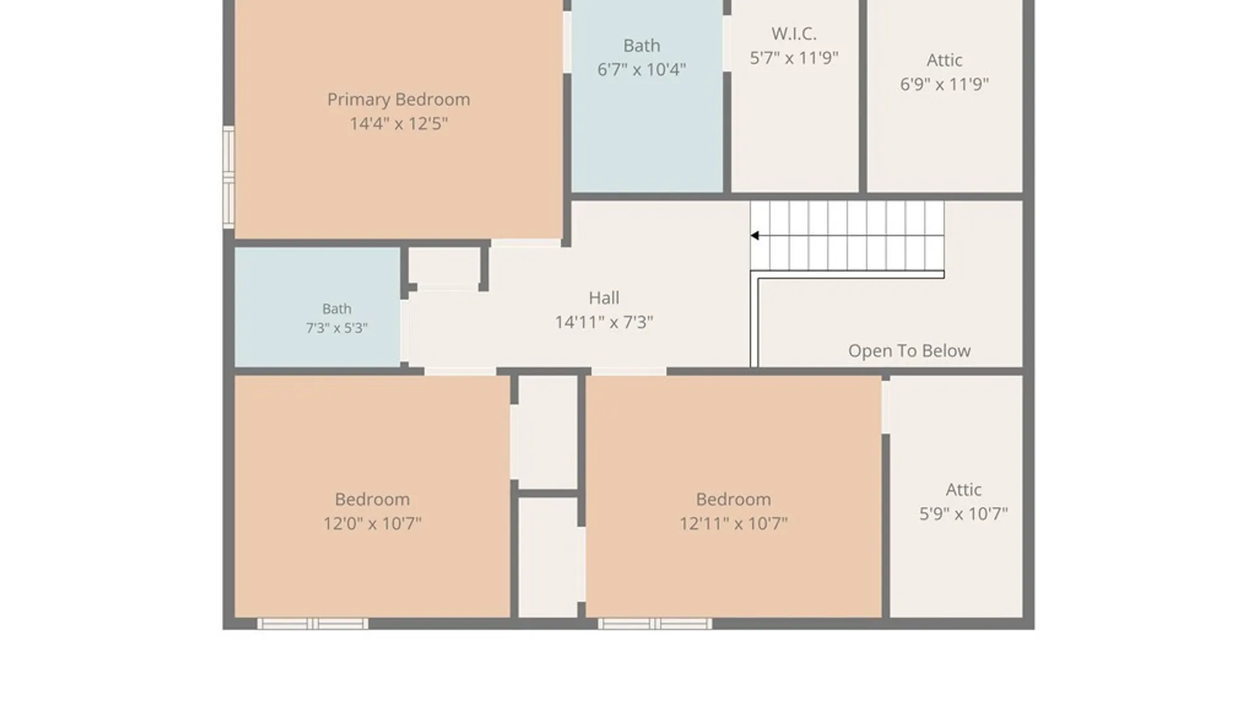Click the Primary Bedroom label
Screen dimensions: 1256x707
pyautogui.click(x=398, y=100)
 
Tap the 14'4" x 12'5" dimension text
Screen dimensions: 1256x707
pyautogui.click(x=398, y=124)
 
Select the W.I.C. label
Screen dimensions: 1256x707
pyautogui.click(x=794, y=33)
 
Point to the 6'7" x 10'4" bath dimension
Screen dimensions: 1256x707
pyautogui.click(x=641, y=69)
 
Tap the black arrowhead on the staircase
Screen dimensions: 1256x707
pyautogui.click(x=755, y=236)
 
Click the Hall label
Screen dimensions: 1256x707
pyautogui.click(x=604, y=298)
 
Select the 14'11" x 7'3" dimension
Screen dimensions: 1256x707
pyautogui.click(x=604, y=322)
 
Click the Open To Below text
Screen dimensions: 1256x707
pyautogui.click(x=909, y=351)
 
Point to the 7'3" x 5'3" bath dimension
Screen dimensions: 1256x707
pyautogui.click(x=337, y=328)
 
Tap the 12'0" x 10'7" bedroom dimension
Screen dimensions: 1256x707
pyautogui.click(x=372, y=524)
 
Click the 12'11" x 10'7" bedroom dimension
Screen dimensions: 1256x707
pyautogui.click(x=733, y=524)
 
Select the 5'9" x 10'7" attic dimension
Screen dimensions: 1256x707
pyautogui.click(x=964, y=514)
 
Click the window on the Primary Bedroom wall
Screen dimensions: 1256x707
pyautogui.click(x=228, y=177)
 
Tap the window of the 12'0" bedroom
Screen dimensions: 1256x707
pyautogui.click(x=313, y=624)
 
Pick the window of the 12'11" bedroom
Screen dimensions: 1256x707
pyautogui.click(x=655, y=624)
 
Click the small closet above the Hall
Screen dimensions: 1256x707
pyautogui.click(x=445, y=267)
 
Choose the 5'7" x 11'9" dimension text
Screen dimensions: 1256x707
pyautogui.click(x=794, y=58)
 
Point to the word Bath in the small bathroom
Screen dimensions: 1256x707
pyautogui.click(x=337, y=309)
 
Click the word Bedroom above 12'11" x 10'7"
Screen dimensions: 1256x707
pyautogui.click(x=733, y=499)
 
